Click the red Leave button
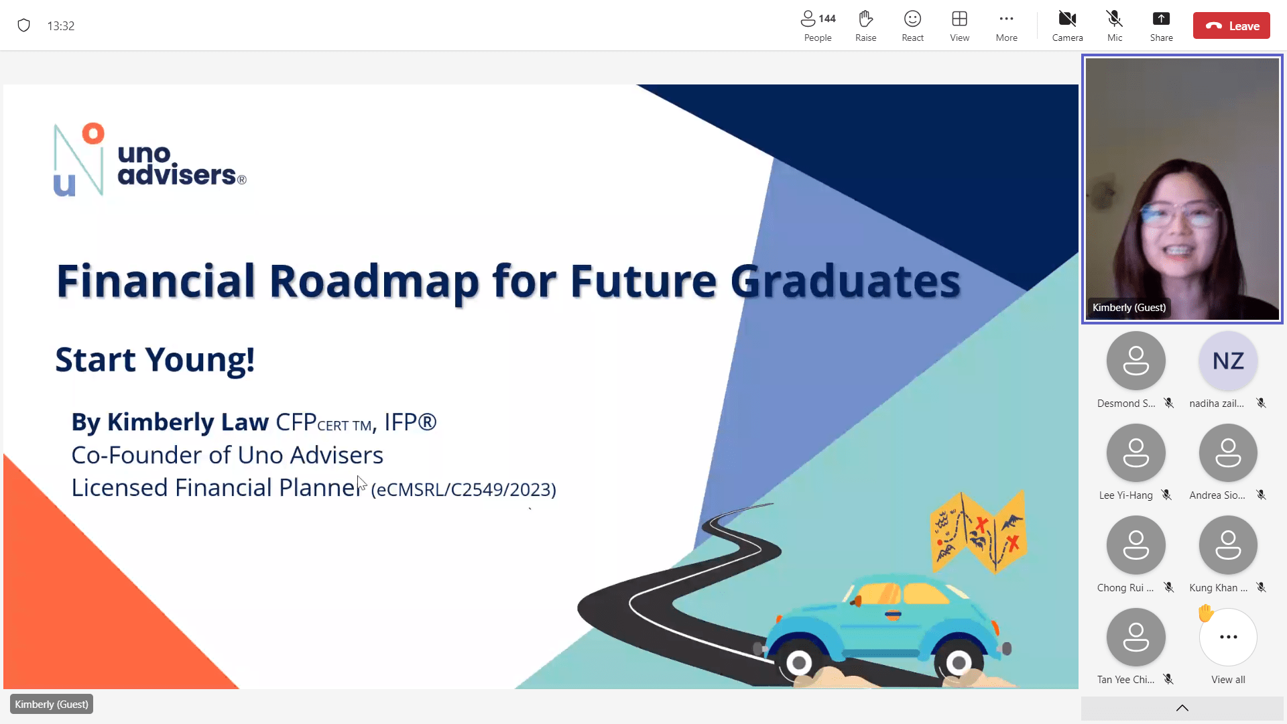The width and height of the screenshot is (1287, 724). tap(1231, 25)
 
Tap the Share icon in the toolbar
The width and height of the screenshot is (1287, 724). tap(1161, 25)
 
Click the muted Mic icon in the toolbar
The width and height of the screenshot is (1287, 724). tap(1114, 25)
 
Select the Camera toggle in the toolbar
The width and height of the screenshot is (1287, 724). tap(1067, 25)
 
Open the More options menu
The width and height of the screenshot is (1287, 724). tap(1006, 25)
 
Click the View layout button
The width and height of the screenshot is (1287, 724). tap(959, 25)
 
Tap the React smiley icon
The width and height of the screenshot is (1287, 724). tap(912, 25)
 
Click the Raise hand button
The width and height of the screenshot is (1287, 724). tap(865, 25)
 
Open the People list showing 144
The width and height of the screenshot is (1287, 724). tap(818, 25)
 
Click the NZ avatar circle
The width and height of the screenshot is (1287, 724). tap(1228, 361)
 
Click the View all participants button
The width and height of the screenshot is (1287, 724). tap(1228, 638)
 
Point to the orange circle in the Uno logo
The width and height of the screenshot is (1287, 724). tap(93, 133)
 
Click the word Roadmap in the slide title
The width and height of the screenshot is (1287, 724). tap(374, 281)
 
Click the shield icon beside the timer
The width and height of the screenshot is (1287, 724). tap(24, 25)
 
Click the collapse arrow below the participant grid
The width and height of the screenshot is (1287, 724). tap(1182, 708)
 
